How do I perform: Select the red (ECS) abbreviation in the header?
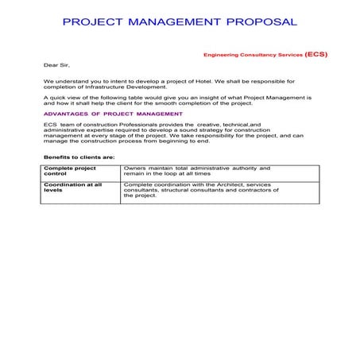[x=315, y=55]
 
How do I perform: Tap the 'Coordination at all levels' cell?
[x=72, y=188]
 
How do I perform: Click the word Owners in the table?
[x=136, y=168]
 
